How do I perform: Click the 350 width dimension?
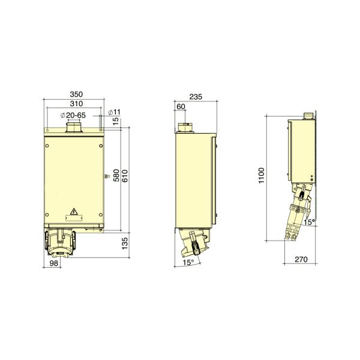coord(75,95)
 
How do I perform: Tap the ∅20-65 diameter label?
coord(75,115)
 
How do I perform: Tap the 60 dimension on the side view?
coord(181,106)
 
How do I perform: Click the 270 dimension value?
coord(302,260)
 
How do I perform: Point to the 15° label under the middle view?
coord(188,263)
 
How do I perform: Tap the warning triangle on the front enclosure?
coord(74,211)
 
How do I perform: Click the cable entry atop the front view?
coord(75,129)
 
